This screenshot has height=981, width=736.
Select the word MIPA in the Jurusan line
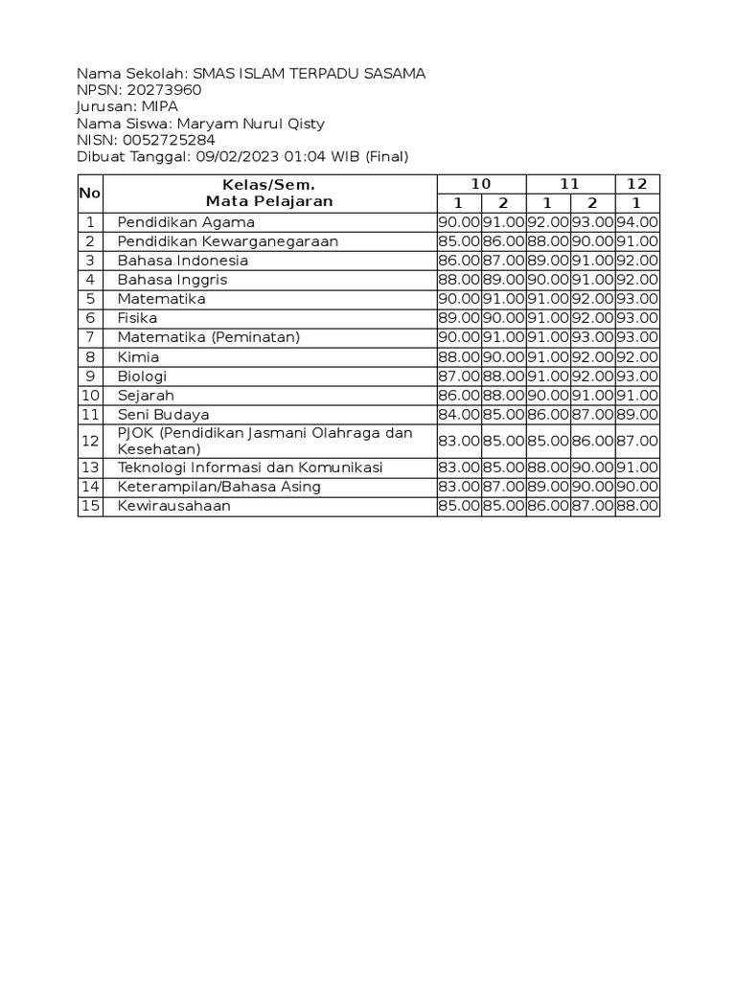pos(159,106)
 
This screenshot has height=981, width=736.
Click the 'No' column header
pos(90,194)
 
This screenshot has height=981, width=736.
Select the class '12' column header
pos(637,184)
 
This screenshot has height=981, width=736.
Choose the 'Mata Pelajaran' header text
pos(268,201)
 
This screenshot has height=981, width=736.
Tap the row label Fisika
pos(137,318)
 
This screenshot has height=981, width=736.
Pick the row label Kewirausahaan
pos(173,506)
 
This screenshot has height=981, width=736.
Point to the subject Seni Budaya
pos(163,414)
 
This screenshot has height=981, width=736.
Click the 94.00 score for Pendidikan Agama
pos(637,222)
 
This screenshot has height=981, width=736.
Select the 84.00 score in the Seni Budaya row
pos(458,414)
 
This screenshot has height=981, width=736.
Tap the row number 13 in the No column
pos(90,468)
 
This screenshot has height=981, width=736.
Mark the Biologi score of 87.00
pos(458,376)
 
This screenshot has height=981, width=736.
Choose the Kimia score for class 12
pos(637,356)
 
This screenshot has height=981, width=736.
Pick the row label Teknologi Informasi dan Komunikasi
pos(249,468)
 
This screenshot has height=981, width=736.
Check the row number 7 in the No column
pos(90,337)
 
